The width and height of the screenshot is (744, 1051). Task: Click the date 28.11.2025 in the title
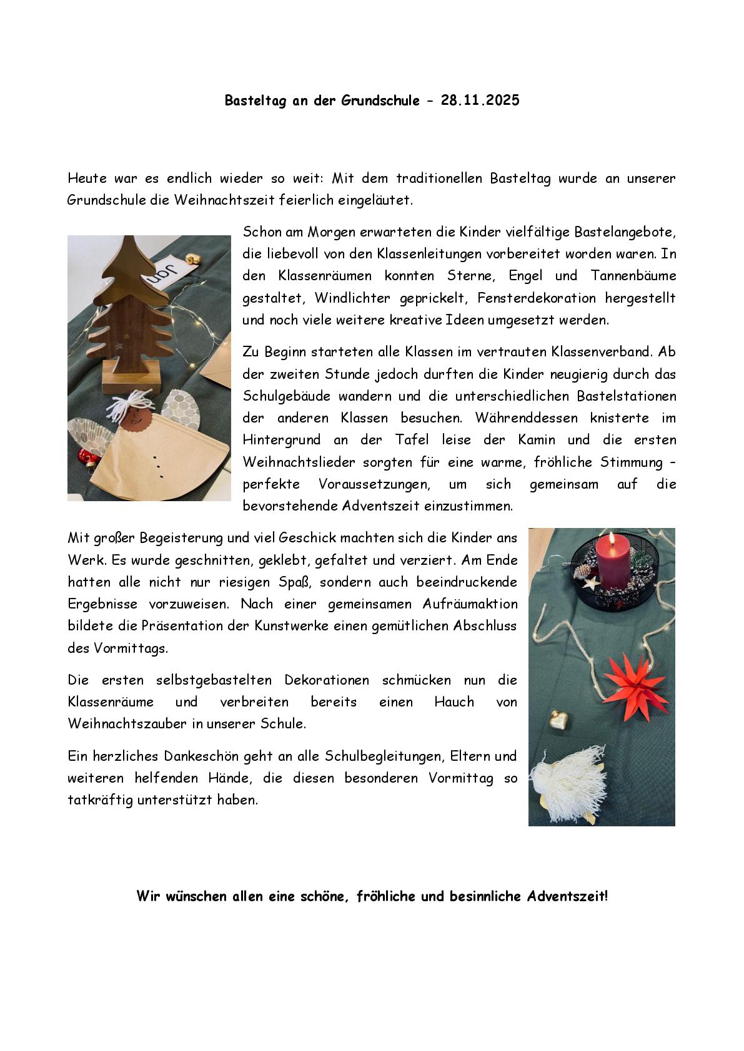click(x=480, y=100)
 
